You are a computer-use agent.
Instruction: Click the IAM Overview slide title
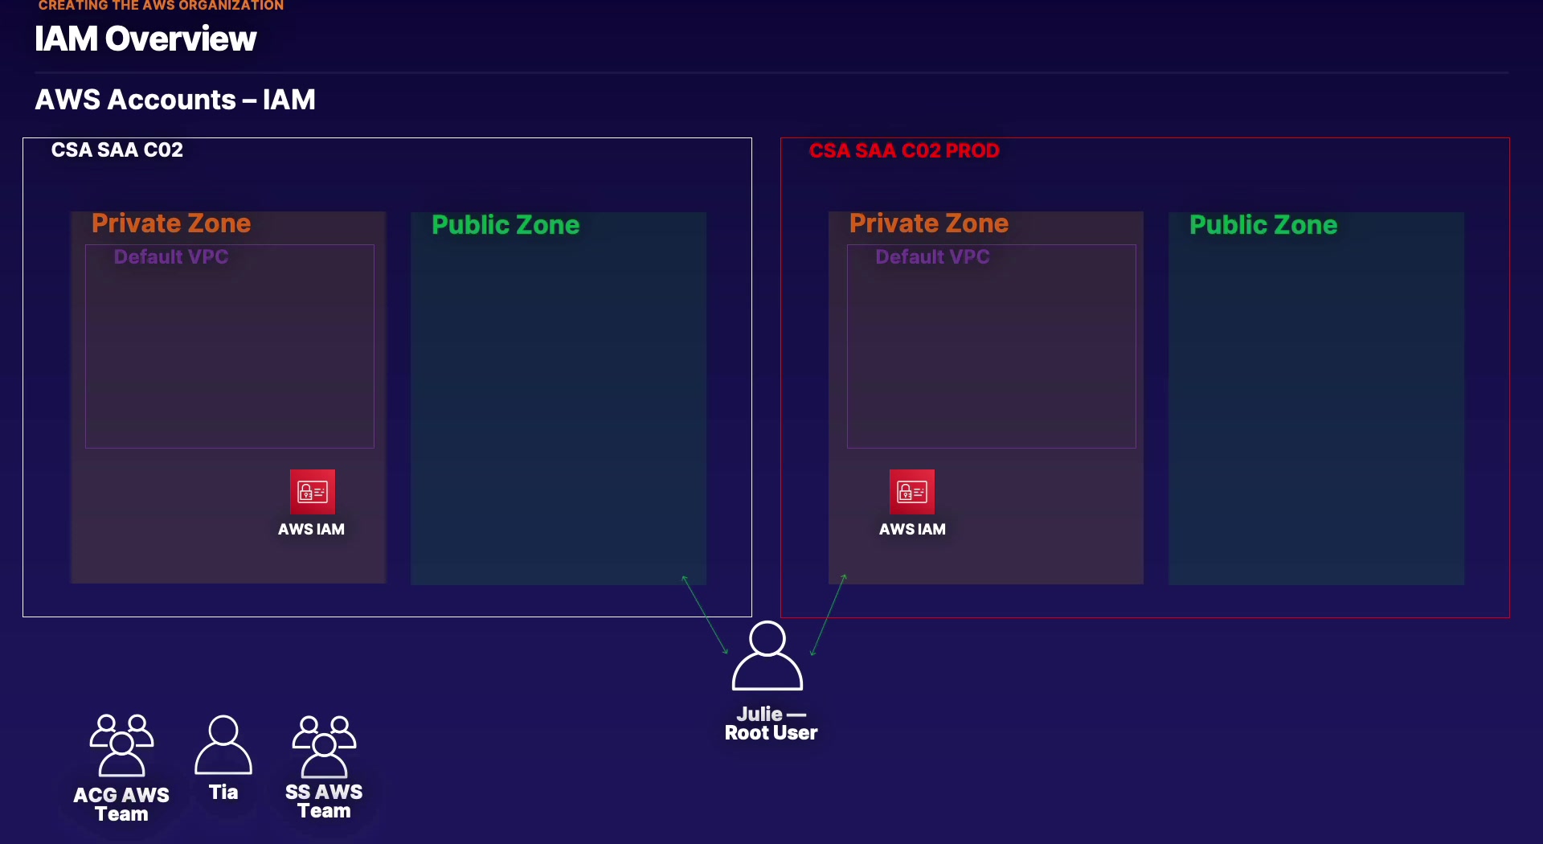pyautogui.click(x=145, y=39)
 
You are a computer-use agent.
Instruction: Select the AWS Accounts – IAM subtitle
pyautogui.click(x=175, y=100)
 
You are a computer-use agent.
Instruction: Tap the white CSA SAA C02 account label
pyautogui.click(x=117, y=150)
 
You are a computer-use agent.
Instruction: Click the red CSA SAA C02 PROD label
pyautogui.click(x=904, y=151)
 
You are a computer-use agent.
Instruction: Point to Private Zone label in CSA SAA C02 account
pyautogui.click(x=171, y=223)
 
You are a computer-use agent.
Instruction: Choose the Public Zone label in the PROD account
pyautogui.click(x=1263, y=225)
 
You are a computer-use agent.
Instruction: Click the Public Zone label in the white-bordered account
pyautogui.click(x=505, y=225)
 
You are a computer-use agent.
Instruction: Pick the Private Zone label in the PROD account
pyautogui.click(x=929, y=223)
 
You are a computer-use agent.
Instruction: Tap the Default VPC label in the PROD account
pyautogui.click(x=932, y=257)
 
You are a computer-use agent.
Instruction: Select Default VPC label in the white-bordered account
pyautogui.click(x=171, y=257)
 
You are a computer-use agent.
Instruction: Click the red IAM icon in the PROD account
pyautogui.click(x=912, y=491)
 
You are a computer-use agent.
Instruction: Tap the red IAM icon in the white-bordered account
pyautogui.click(x=313, y=491)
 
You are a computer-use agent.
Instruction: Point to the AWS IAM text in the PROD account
pyautogui.click(x=912, y=530)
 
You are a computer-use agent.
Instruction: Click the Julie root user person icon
pyautogui.click(x=767, y=656)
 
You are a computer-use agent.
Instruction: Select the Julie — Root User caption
pyautogui.click(x=771, y=723)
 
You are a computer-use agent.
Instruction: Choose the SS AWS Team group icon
pyautogui.click(x=325, y=745)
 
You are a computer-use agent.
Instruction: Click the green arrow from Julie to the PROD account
pyautogui.click(x=829, y=615)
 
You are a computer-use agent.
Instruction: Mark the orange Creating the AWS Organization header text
pyautogui.click(x=161, y=6)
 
